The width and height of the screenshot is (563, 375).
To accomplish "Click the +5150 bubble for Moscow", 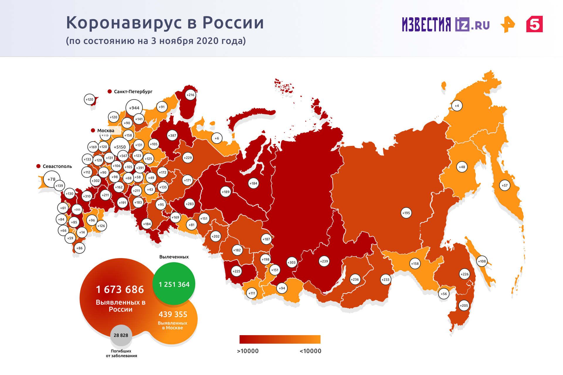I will [x=120, y=147].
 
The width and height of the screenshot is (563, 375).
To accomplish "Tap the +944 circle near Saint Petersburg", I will [x=134, y=108].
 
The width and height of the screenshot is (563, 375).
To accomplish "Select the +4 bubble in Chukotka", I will [x=457, y=106].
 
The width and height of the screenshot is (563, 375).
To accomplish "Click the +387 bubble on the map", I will [x=172, y=135].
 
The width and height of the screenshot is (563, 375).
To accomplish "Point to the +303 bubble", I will [x=291, y=262].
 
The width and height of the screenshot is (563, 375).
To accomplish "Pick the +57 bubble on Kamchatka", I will [x=504, y=185].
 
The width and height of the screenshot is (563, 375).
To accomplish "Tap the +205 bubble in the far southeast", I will [x=464, y=306].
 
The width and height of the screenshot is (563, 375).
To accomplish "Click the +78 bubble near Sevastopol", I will [x=52, y=179].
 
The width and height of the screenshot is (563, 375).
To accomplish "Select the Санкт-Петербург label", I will [x=133, y=92].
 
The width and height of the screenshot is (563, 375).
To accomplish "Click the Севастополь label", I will [x=57, y=166].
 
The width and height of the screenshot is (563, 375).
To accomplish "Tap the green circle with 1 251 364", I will [x=174, y=284].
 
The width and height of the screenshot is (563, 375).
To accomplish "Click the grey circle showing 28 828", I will [x=121, y=335].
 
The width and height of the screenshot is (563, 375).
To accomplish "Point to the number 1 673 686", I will [x=120, y=289].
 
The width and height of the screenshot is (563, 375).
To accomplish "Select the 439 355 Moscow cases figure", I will [x=173, y=314].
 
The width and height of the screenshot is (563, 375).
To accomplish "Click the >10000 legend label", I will [x=248, y=351].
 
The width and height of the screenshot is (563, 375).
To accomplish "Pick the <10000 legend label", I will [x=310, y=351].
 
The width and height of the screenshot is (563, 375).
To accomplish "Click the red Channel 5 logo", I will [x=534, y=24].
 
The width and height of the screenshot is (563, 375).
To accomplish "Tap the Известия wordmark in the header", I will [x=426, y=24].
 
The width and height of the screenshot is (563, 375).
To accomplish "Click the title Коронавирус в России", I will [x=165, y=23].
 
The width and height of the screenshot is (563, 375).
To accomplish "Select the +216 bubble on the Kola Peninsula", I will [x=191, y=95].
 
